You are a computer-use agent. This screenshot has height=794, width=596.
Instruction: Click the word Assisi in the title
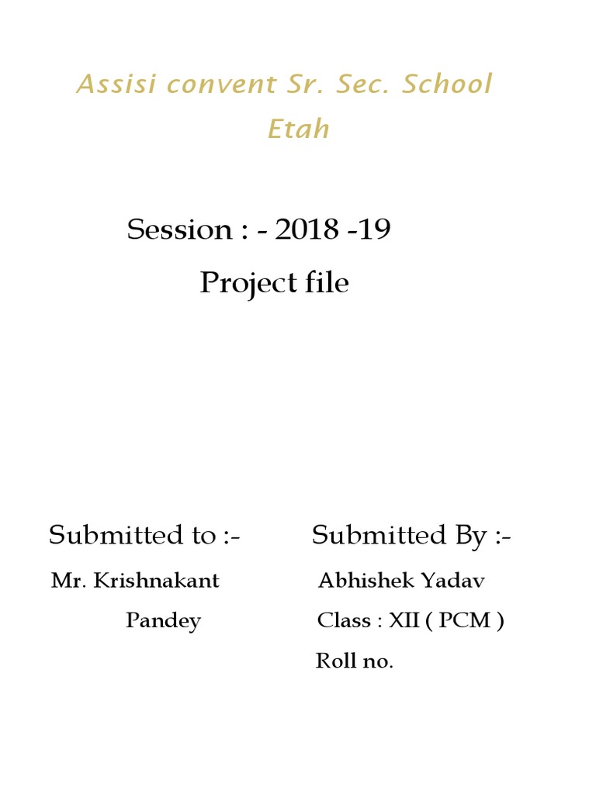(x=116, y=84)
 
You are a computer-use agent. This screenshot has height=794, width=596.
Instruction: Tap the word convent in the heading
(x=222, y=85)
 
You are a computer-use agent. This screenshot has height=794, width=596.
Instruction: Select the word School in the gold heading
(x=446, y=84)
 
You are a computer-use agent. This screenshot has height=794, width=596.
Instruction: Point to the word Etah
(x=299, y=128)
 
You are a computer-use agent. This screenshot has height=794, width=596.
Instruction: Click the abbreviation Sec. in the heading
(x=362, y=84)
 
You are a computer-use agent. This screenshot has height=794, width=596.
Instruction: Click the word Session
(x=179, y=230)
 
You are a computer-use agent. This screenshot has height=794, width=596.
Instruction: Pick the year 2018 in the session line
(x=306, y=229)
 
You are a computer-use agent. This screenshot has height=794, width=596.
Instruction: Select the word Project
(x=248, y=283)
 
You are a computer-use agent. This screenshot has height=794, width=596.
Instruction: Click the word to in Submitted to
(x=204, y=536)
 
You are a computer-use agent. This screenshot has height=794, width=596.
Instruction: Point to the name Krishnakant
(x=156, y=580)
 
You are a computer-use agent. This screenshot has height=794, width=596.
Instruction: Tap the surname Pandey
(x=163, y=621)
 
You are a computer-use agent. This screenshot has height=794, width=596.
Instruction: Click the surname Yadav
(x=453, y=580)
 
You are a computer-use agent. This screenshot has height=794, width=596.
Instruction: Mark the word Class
(x=344, y=620)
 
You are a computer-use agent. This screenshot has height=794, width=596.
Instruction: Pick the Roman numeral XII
(x=404, y=620)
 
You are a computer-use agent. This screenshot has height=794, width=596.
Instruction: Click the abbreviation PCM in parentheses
(x=464, y=620)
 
